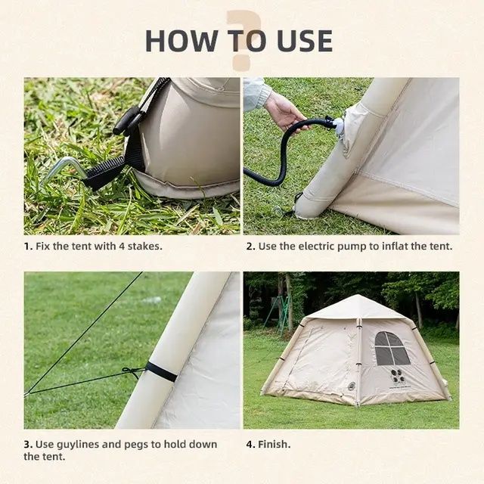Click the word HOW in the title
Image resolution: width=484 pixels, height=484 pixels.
pos(181,41)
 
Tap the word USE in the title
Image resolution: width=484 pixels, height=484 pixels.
pos(305,41)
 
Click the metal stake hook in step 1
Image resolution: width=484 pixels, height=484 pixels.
pos(64,171)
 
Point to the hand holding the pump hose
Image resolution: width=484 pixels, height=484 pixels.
pos(284,111)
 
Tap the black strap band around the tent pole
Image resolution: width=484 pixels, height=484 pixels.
pos(161,371)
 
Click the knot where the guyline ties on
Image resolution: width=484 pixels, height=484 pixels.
pos(131,371)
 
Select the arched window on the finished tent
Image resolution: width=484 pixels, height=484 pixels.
pos(392,349)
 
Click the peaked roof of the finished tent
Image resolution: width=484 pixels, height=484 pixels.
pos(355,308)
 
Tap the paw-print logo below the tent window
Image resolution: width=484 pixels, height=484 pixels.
pos(397,376)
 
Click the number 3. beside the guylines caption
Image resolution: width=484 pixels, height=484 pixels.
pos(28,445)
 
